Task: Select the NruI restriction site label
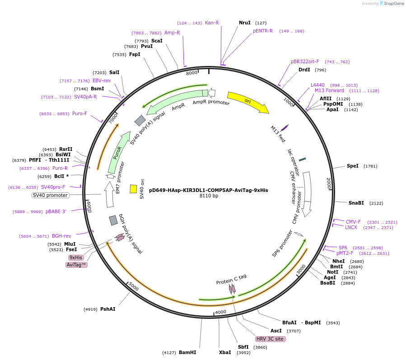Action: pos(244,23)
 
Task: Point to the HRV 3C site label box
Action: pos(270,339)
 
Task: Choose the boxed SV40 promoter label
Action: pos(50,195)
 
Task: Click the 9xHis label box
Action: pos(76,257)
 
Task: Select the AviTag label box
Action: pos(76,265)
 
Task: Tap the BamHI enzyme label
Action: pos(187,352)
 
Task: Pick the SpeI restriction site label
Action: pos(353,166)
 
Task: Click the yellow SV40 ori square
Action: pos(133,189)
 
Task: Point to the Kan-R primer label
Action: pos(212,23)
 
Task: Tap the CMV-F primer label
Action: pos(353,222)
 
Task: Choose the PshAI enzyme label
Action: pos(108,309)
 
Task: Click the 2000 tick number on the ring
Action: pos(329,183)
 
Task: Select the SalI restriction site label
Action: pos(114,72)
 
